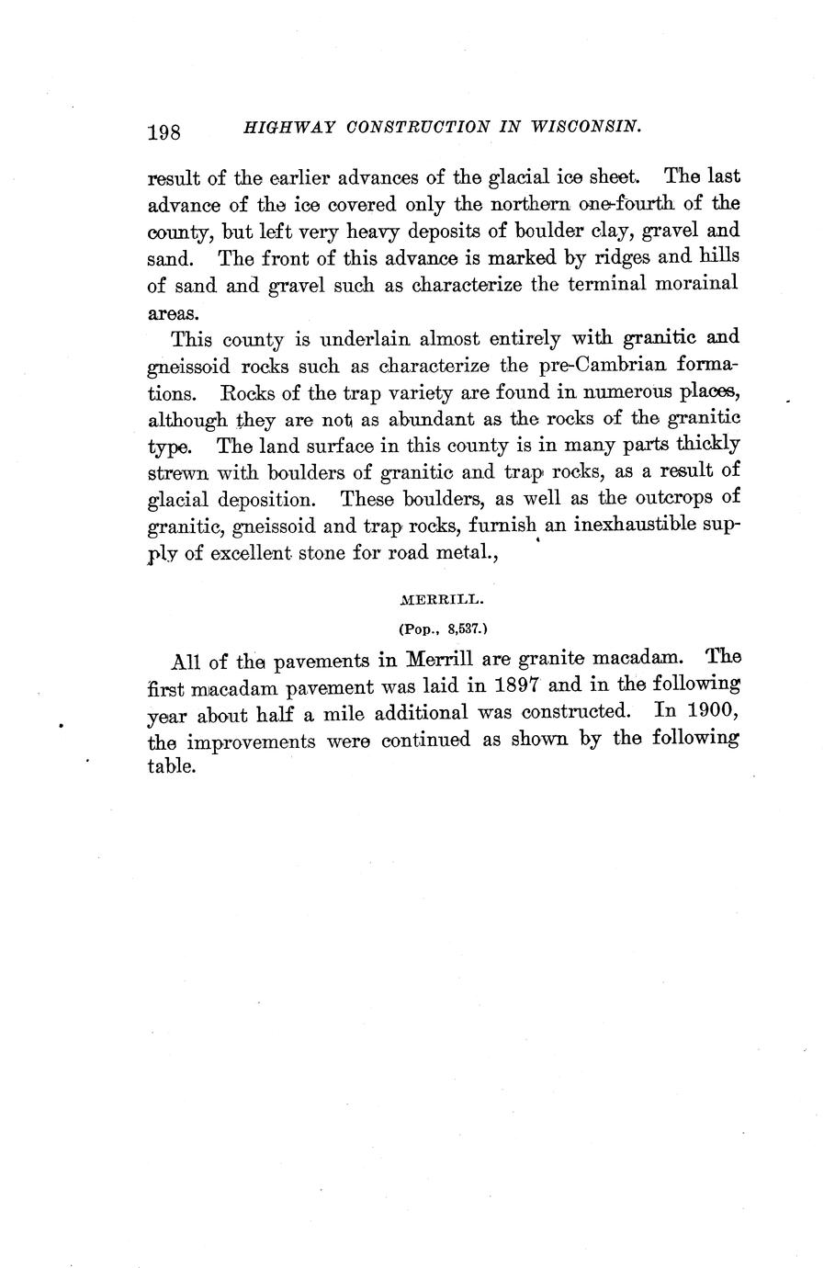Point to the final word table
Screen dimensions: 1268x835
tap(172, 765)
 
